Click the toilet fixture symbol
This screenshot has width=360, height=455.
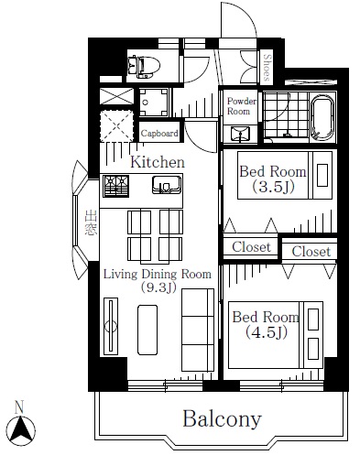click(x=144, y=66)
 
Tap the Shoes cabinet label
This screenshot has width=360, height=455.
click(x=267, y=68)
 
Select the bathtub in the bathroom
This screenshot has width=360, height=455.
click(x=322, y=117)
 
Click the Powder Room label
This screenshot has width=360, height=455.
click(x=242, y=106)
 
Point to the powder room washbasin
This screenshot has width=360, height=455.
click(x=240, y=134)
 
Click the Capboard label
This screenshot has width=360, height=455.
click(x=159, y=133)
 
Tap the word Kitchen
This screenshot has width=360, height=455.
click(x=158, y=162)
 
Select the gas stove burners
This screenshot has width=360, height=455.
click(x=115, y=186)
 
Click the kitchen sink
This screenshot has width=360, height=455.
click(x=167, y=185)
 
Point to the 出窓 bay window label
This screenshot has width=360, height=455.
click(x=91, y=222)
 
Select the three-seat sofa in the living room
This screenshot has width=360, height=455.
click(x=198, y=330)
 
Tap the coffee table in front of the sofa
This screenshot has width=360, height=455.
click(x=147, y=330)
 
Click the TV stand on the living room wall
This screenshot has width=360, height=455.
click(x=111, y=326)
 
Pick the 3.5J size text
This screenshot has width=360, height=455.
click(x=273, y=187)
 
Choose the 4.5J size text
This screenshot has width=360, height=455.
click(x=267, y=332)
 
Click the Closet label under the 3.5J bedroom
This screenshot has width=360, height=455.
click(x=251, y=247)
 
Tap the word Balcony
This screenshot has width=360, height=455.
click(x=222, y=419)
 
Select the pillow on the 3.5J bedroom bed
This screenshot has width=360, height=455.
click(x=322, y=175)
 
